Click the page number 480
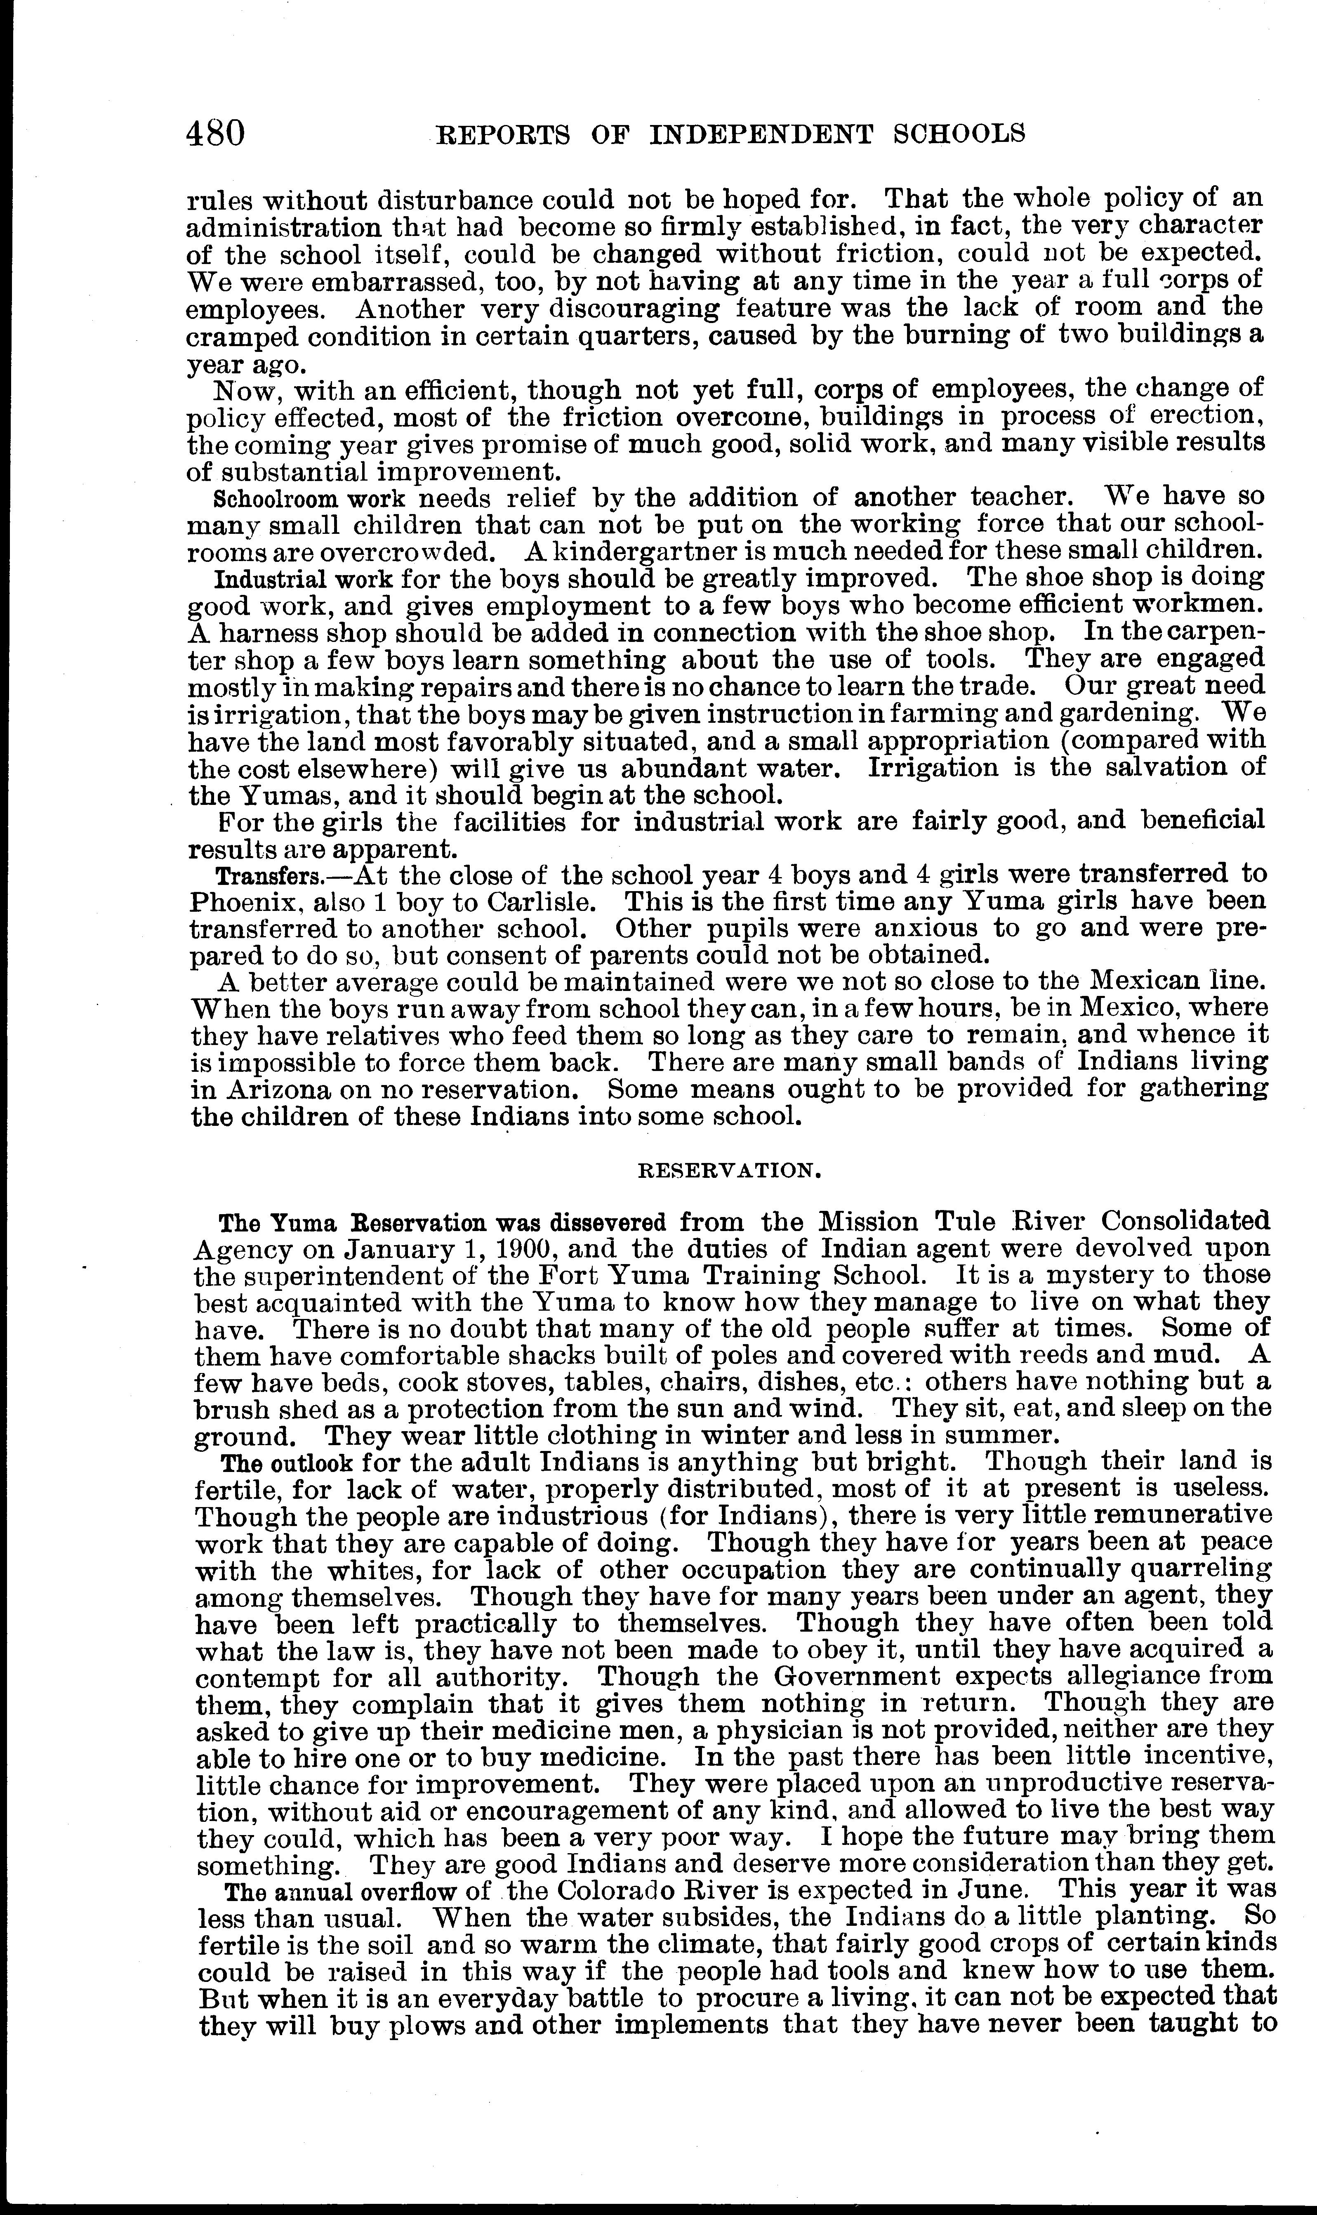216,134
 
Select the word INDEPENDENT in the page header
761,134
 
